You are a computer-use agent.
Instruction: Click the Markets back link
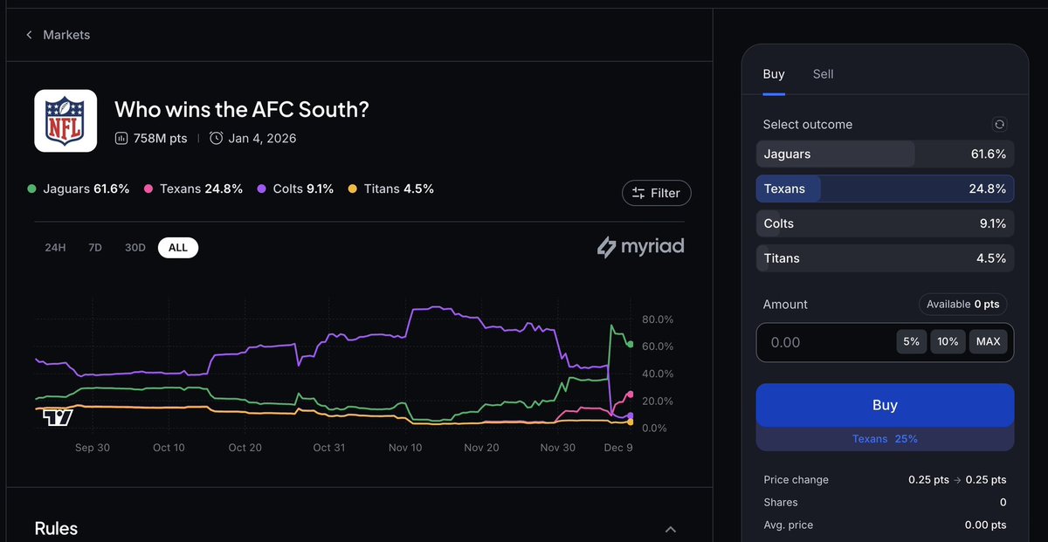point(59,35)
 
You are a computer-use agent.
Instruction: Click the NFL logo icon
point(65,120)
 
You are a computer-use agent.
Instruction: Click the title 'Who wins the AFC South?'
point(242,109)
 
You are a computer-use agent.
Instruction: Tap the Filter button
point(656,193)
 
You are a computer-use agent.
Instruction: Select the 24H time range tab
point(55,248)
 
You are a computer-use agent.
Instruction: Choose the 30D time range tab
point(134,248)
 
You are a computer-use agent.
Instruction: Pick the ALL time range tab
point(178,248)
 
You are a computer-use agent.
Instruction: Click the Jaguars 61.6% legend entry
point(79,189)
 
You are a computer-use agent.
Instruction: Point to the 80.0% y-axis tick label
point(657,319)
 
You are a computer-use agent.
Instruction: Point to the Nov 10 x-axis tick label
point(404,448)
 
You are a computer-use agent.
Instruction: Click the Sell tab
point(823,74)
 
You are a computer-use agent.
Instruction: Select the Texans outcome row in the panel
point(885,189)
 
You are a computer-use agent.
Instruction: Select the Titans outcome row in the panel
point(885,258)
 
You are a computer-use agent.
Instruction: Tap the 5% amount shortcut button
point(911,341)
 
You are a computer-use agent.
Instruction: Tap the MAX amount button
point(988,341)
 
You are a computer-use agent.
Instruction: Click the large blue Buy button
point(885,405)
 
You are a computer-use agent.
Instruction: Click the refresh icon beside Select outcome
point(1000,125)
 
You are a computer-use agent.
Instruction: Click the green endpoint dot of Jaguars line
point(631,344)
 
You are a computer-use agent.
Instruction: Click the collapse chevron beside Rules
point(671,529)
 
